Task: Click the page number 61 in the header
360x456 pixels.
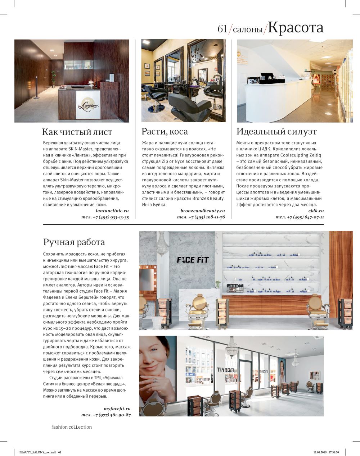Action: point(222,29)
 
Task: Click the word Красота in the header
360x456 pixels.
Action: point(296,28)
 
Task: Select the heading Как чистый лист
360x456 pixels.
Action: point(77,132)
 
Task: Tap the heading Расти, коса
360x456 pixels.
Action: point(165,131)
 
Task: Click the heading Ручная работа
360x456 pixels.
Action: point(74,242)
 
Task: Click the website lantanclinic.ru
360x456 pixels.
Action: point(112,211)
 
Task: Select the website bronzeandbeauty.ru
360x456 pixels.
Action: point(203,211)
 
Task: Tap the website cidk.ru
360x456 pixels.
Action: point(316,211)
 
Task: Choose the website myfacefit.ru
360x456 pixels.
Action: point(117,409)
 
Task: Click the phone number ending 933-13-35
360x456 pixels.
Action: point(105,217)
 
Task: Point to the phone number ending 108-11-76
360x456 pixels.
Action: point(201,217)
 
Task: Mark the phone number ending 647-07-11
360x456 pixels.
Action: point(300,217)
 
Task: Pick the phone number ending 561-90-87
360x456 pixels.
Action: point(106,415)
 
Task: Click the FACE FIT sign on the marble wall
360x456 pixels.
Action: point(193,260)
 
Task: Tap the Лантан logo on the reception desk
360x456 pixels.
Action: point(88,105)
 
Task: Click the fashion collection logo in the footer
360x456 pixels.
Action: point(71,427)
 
